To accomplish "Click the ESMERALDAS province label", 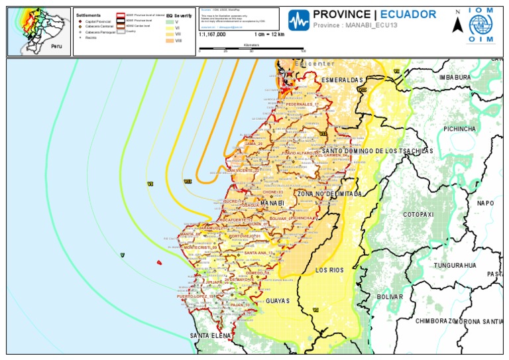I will pyautogui.click(x=342, y=80).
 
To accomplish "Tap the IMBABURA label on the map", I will pyautogui.click(x=455, y=78).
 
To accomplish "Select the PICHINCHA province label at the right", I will pyautogui.click(x=460, y=129).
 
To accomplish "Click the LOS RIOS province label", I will pyautogui.click(x=329, y=270).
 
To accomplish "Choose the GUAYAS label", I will pyautogui.click(x=278, y=300).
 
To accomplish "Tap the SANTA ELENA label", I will pyautogui.click(x=210, y=335).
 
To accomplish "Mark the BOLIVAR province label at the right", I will pyautogui.click(x=390, y=297).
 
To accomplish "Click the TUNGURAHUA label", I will pyautogui.click(x=455, y=265).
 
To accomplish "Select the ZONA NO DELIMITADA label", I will pyautogui.click(x=329, y=194).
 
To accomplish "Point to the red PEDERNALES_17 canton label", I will pyautogui.click(x=302, y=104).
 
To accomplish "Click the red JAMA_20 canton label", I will pyautogui.click(x=254, y=143).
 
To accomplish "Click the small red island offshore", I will pyautogui.click(x=159, y=263).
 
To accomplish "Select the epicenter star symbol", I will pyautogui.click(x=288, y=74).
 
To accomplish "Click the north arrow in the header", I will pyautogui.click(x=457, y=25).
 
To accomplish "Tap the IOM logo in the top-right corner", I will pyautogui.click(x=481, y=27).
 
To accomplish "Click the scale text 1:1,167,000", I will pyautogui.click(x=212, y=34).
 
